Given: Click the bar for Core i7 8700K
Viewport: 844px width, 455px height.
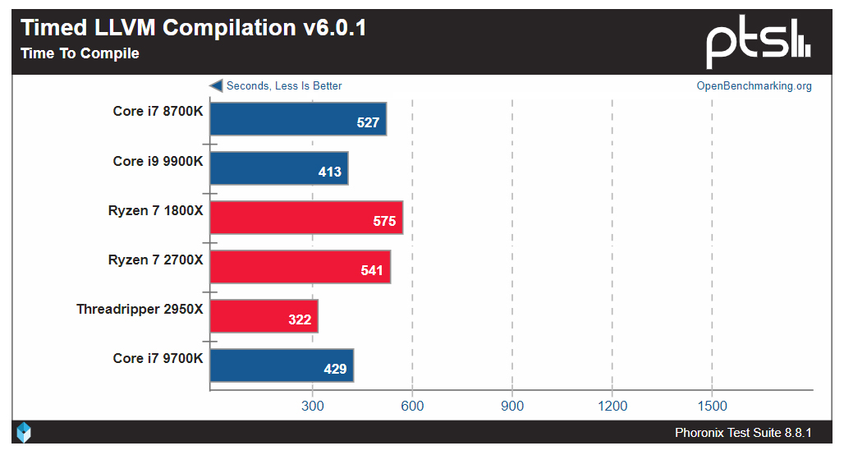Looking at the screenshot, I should click(x=298, y=118).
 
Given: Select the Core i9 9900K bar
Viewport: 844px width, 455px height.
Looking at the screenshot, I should click(x=279, y=168).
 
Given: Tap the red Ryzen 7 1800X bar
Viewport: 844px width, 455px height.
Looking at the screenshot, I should click(x=306, y=218).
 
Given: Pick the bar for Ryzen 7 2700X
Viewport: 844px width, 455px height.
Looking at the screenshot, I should click(x=300, y=267).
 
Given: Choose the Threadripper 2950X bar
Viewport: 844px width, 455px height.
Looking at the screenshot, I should click(x=264, y=316).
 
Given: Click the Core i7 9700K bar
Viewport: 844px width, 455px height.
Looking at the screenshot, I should click(x=282, y=365).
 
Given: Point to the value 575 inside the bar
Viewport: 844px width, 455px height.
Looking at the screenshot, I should click(x=383, y=222).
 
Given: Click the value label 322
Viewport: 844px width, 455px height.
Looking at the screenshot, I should click(x=300, y=319).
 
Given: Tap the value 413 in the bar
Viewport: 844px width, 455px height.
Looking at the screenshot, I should click(x=330, y=172).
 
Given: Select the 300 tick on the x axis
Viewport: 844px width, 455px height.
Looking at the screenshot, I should click(x=312, y=406).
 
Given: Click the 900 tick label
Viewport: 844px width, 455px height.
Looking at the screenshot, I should click(x=512, y=406).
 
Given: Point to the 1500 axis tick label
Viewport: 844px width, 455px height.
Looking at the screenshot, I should click(x=712, y=406).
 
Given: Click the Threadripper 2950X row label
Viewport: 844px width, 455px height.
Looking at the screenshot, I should click(x=140, y=310).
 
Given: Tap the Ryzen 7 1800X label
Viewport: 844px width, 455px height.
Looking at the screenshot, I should click(x=155, y=211).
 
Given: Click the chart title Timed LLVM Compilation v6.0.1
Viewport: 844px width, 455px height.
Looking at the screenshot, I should click(x=194, y=28).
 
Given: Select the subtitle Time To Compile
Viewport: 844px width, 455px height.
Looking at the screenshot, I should click(x=80, y=54).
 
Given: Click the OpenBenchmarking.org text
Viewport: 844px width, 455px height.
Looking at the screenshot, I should click(x=754, y=86).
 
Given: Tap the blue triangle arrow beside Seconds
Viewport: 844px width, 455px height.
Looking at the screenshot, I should click(x=216, y=85).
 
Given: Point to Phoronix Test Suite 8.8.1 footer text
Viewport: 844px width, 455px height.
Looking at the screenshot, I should click(x=742, y=433).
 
